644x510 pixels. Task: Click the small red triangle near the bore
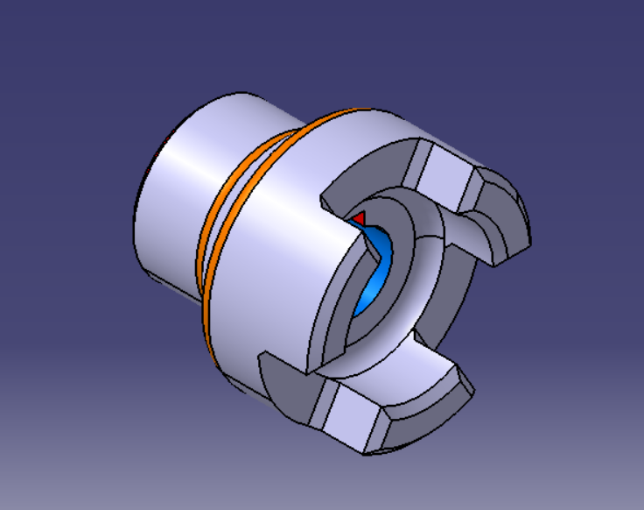point(357,216)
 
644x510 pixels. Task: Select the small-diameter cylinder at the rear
point(175,193)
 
